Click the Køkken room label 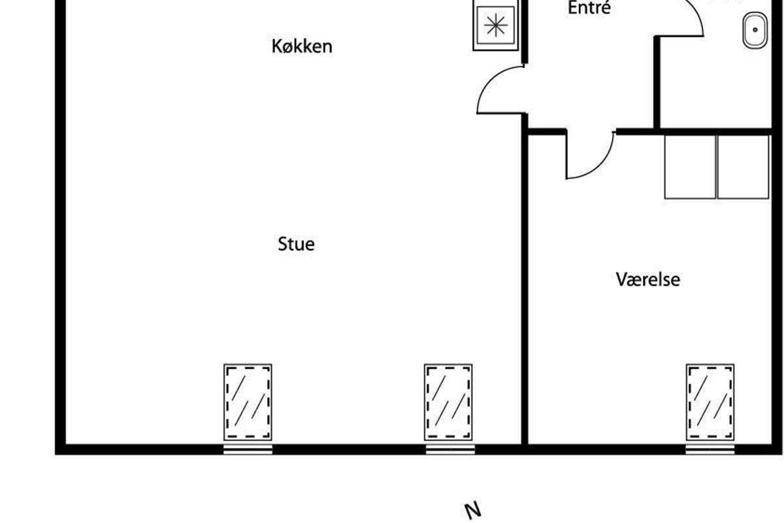[x=302, y=46]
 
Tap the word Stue [x=296, y=245]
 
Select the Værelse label [x=647, y=280]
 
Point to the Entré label [x=589, y=8]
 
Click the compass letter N [x=472, y=510]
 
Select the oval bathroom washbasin [x=755, y=29]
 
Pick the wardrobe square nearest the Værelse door [x=690, y=167]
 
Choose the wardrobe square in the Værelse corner [x=743, y=167]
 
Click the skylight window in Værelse [x=710, y=402]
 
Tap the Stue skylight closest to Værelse [x=448, y=402]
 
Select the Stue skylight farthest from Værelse [x=248, y=402]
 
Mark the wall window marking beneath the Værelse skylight [x=710, y=449]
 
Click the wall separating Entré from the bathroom [x=657, y=82]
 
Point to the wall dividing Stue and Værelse [x=525, y=288]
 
